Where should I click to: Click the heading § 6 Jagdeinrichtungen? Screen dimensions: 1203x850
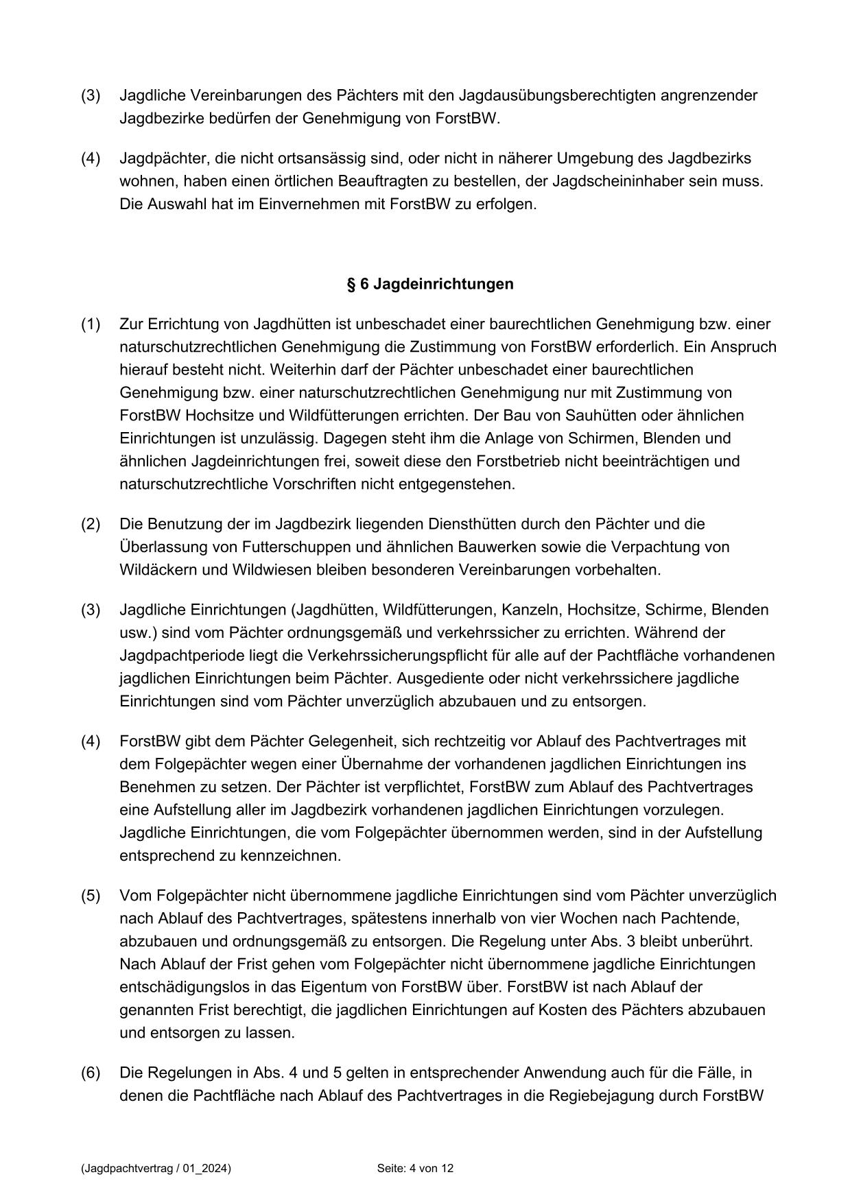[x=429, y=284]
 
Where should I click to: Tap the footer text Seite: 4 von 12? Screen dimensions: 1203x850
[x=415, y=1168]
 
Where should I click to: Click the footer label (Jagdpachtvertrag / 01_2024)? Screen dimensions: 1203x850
[x=156, y=1168]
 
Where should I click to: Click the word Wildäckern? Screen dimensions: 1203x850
[x=156, y=570]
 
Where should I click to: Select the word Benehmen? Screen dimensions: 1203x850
[x=152, y=787]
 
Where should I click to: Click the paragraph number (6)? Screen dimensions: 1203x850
[x=91, y=1073]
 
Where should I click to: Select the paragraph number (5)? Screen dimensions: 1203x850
[x=91, y=896]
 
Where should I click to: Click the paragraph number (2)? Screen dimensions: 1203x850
[x=91, y=524]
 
